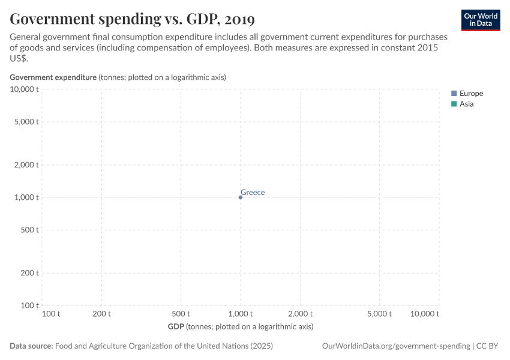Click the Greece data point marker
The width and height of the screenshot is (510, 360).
coord(241,197)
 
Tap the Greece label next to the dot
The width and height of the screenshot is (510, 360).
coord(253,193)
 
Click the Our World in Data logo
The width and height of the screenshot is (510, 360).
coord(480,20)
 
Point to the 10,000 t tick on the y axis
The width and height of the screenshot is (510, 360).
coord(24,89)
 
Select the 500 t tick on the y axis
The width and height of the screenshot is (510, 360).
coord(29,230)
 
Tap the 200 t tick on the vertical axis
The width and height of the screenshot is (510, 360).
coord(29,273)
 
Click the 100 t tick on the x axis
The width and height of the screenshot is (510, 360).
coord(51,314)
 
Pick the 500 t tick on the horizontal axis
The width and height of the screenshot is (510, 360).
coord(181,314)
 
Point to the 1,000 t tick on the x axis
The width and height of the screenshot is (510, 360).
coord(241,314)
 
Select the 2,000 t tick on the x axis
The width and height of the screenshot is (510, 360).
coord(301,314)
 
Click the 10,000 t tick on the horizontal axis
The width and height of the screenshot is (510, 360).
coord(425,314)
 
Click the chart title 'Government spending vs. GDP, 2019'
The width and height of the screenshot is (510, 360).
coord(132,19)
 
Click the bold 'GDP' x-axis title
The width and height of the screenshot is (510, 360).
coord(176,326)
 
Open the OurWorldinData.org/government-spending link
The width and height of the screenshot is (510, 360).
coord(396,346)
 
